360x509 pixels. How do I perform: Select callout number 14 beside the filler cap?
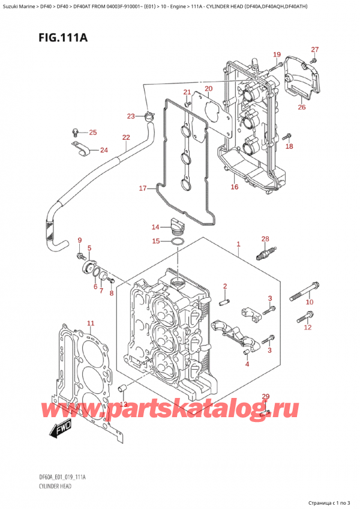pos(156,227)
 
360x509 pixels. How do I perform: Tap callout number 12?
pos(308,327)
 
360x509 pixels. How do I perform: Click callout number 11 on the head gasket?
pos(91,325)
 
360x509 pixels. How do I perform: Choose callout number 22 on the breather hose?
pos(125,137)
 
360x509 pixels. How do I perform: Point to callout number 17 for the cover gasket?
pos(142,188)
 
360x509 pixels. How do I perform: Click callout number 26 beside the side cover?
pos(301,107)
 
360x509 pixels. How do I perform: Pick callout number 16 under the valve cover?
pos(234,187)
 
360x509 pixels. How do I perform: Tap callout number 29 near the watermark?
pos(266,397)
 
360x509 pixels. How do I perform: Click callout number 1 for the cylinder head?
pos(238,245)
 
